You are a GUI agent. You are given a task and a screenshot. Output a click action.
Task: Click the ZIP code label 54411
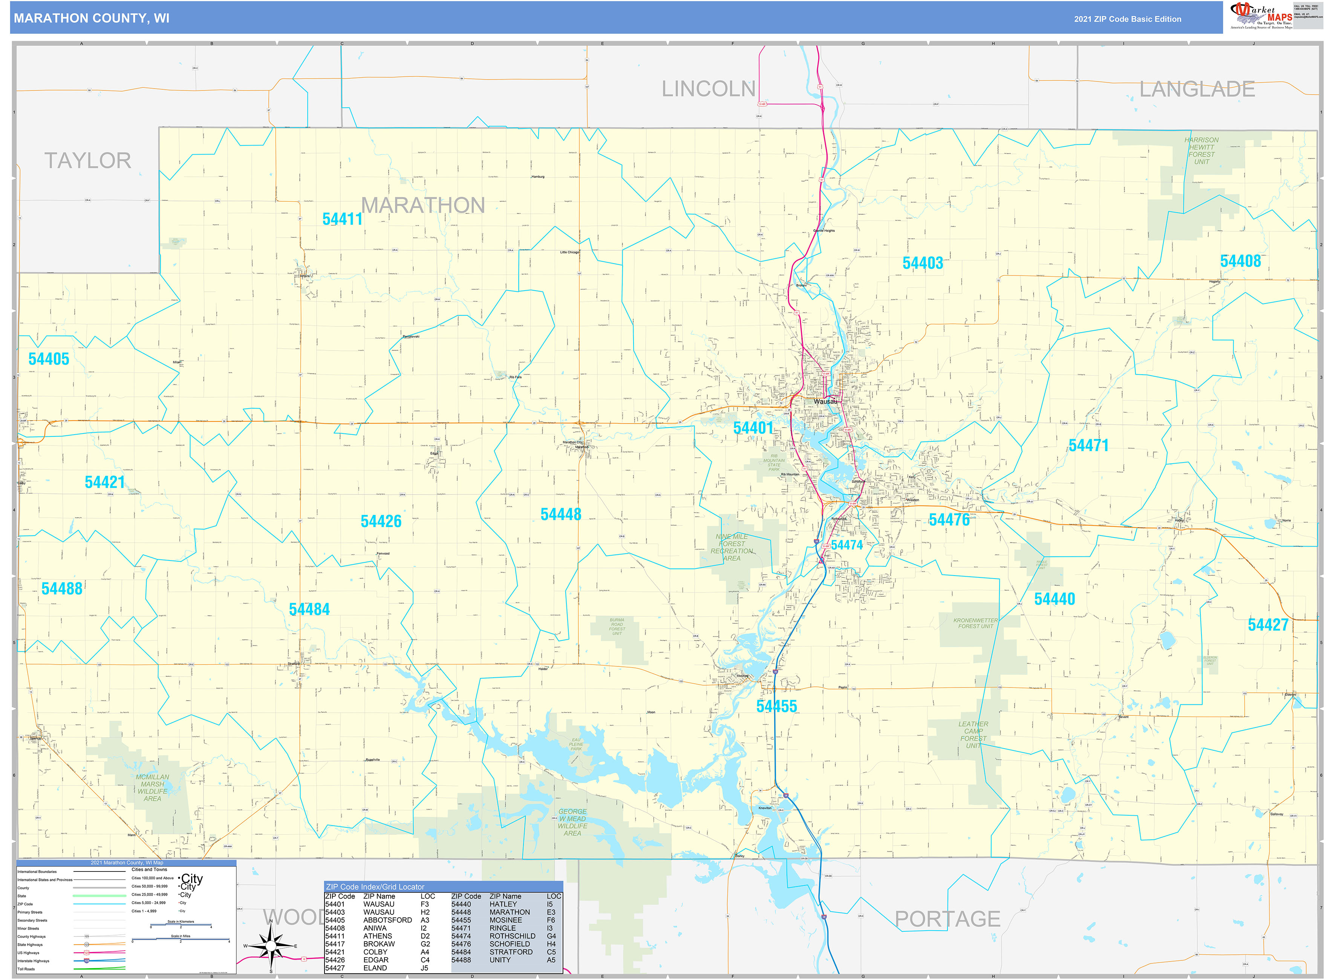[342, 219]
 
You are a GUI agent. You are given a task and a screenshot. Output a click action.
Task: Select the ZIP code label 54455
[776, 706]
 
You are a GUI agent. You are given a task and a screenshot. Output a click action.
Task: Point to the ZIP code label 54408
[1240, 261]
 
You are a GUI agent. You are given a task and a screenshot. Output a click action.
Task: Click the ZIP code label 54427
[1268, 625]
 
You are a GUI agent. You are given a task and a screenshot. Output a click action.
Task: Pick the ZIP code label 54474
[846, 545]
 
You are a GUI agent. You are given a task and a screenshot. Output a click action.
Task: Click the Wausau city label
[825, 401]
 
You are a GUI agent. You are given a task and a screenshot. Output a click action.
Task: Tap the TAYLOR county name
[88, 161]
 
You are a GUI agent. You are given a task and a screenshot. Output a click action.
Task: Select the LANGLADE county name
[1197, 90]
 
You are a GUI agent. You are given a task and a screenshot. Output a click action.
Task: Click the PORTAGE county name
[947, 919]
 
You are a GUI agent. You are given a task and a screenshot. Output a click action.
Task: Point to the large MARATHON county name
[423, 205]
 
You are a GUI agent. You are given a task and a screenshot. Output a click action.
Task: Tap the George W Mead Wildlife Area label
[572, 822]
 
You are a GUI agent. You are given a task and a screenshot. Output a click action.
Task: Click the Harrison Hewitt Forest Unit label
[1201, 151]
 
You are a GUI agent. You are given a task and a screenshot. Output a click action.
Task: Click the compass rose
[271, 946]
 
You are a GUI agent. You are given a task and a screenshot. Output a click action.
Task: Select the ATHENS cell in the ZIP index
[377, 936]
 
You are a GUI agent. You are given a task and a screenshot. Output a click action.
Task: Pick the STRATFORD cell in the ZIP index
[511, 951]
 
